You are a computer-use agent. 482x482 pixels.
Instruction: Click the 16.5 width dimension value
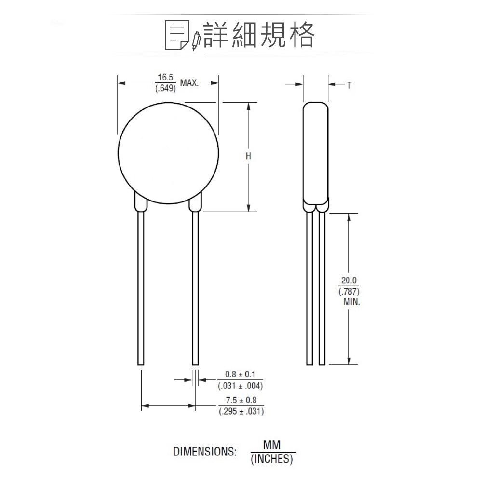click(x=164, y=77)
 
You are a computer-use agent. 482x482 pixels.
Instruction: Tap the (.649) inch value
click(x=164, y=89)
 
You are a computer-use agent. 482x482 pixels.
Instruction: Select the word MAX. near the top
click(x=189, y=83)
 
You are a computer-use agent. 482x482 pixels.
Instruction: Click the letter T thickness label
click(x=349, y=85)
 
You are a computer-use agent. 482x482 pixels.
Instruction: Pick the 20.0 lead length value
click(x=349, y=281)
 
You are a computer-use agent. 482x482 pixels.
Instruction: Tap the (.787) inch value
click(x=349, y=292)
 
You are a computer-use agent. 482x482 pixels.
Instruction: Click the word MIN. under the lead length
click(x=351, y=302)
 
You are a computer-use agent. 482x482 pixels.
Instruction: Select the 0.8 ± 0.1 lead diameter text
click(x=241, y=375)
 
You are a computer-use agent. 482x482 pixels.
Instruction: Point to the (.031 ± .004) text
click(x=241, y=386)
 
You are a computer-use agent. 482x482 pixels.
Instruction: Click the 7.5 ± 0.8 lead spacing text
click(x=241, y=401)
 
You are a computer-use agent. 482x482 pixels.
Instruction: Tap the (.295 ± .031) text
click(x=241, y=412)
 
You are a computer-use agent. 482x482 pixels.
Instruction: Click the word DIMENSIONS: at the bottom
click(x=205, y=452)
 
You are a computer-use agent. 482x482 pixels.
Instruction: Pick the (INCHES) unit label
click(x=272, y=459)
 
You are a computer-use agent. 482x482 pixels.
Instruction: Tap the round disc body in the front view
click(x=168, y=154)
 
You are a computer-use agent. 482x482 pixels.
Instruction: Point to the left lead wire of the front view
click(x=141, y=289)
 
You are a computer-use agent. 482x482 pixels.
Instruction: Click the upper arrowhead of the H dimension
click(x=249, y=106)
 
